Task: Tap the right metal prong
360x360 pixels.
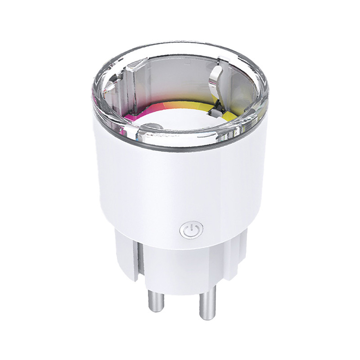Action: [207, 304]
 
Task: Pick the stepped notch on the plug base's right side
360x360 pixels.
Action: [241, 252]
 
